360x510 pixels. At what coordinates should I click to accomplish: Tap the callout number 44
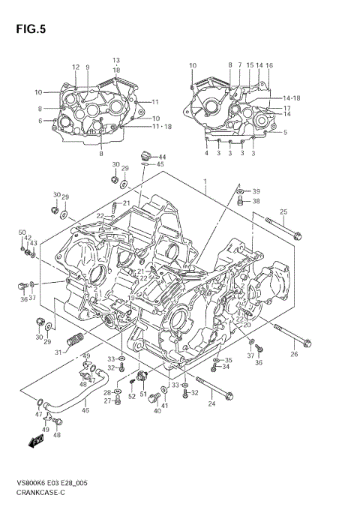(162, 157)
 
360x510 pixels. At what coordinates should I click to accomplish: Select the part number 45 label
(160, 164)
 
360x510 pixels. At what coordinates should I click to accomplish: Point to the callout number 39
(256, 190)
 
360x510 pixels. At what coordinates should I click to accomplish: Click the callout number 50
(22, 232)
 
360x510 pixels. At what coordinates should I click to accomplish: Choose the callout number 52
(131, 396)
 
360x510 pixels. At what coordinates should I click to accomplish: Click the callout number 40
(157, 411)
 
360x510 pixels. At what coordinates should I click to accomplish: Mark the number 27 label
(107, 401)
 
